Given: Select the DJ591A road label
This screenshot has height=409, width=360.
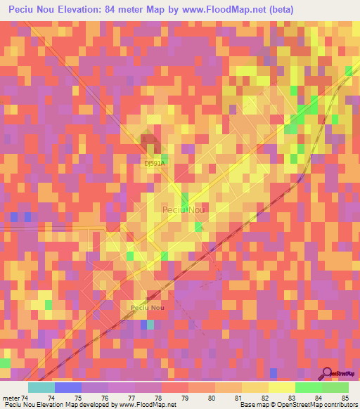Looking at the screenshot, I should click(154, 163).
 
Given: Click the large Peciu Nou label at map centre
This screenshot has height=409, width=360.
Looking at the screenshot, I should click(183, 209).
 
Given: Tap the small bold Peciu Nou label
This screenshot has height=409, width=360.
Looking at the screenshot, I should click(148, 308).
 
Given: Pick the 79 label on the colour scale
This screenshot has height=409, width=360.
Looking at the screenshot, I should click(185, 398).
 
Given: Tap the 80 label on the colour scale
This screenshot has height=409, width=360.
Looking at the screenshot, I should click(212, 398).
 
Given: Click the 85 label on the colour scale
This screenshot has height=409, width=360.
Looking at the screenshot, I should click(345, 398).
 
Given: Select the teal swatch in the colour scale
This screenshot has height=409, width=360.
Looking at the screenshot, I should click(41, 387).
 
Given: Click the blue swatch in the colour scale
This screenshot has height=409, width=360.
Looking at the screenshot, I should click(68, 387).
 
